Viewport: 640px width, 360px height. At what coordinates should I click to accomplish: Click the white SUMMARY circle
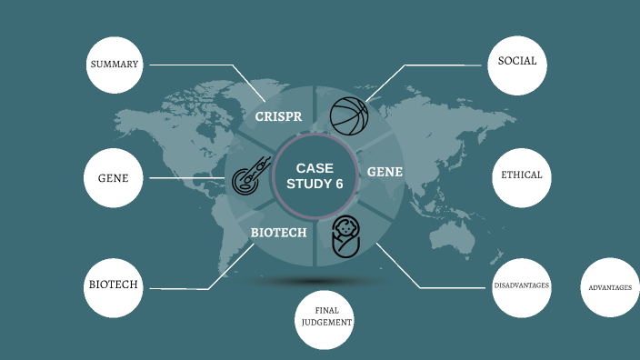114,65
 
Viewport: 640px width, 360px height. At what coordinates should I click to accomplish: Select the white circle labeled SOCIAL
517,63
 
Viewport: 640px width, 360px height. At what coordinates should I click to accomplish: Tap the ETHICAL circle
522,175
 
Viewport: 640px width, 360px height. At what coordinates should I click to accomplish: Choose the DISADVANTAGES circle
521,286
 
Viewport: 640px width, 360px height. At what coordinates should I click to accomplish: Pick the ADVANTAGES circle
609,287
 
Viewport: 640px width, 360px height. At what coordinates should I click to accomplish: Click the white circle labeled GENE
114,177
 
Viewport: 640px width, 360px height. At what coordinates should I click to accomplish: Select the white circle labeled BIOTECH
114,285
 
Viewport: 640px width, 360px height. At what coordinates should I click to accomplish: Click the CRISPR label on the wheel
278,116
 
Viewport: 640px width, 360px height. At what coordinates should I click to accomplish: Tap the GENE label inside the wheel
385,171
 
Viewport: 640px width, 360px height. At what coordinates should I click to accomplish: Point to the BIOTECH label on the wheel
278,233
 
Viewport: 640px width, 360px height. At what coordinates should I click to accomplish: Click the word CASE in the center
315,168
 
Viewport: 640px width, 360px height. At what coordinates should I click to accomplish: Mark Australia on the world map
455,238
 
